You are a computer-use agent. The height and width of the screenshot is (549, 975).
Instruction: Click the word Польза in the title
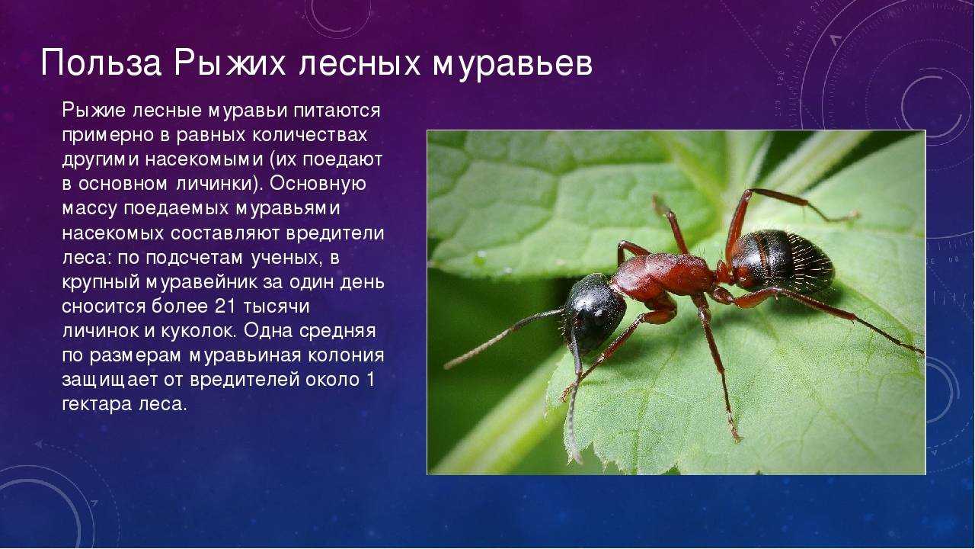click(x=101, y=63)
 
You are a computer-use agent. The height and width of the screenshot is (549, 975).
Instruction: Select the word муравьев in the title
click(x=513, y=66)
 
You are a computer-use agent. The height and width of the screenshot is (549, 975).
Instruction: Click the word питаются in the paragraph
click(x=337, y=111)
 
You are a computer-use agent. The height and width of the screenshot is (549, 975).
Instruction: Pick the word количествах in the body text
click(x=309, y=135)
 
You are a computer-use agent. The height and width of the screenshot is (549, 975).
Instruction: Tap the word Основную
click(x=318, y=184)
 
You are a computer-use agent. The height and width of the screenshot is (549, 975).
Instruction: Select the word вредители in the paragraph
click(x=335, y=233)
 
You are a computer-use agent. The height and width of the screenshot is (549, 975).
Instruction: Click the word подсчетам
click(x=193, y=258)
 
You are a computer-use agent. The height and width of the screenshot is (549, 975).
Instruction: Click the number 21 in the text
click(x=225, y=307)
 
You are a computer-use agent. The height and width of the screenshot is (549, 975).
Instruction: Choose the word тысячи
click(x=276, y=307)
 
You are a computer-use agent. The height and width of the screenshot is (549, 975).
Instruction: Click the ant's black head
click(x=595, y=312)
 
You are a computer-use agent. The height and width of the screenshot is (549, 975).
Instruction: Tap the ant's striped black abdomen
click(x=784, y=261)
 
